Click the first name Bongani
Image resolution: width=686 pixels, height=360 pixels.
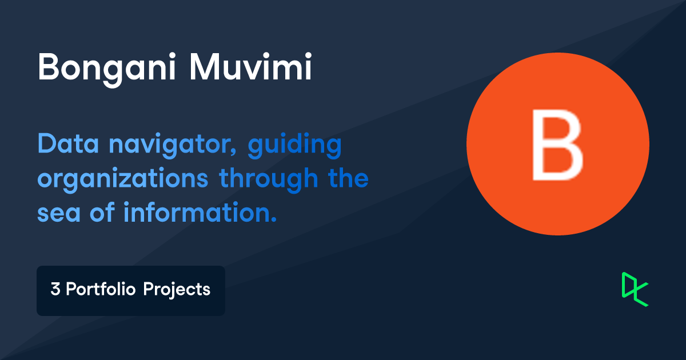tap(106, 70)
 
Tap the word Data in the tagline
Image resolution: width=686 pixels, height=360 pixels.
tap(68, 143)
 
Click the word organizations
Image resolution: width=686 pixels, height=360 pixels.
tap(122, 179)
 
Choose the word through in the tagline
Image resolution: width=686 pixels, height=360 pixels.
tap(268, 179)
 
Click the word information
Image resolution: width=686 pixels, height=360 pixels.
tap(197, 211)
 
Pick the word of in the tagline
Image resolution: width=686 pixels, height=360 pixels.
tap(102, 211)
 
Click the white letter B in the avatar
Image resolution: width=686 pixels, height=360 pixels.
tap(557, 145)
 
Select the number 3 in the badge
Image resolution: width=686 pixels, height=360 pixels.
tap(55, 289)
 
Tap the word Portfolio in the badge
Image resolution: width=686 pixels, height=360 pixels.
tap(101, 289)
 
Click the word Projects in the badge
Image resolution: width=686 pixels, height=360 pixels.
tap(177, 290)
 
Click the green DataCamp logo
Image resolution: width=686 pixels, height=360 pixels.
tap(635, 289)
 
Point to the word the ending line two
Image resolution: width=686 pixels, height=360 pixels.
tap(348, 177)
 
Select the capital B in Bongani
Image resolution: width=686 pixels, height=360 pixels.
tap(48, 67)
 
